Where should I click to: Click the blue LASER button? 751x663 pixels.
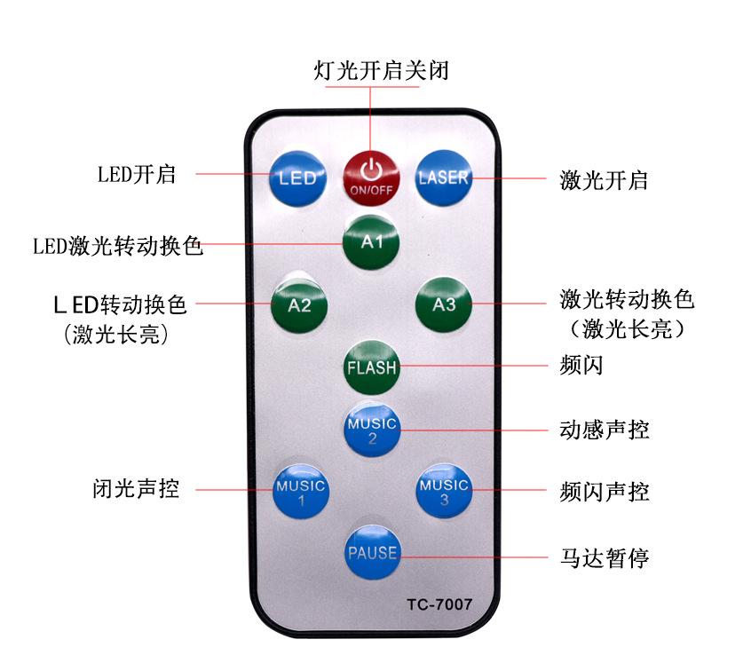coord(443,177)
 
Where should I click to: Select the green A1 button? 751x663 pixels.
coord(372,241)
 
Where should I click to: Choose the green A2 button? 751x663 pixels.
coord(299,305)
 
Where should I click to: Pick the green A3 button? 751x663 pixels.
coord(444,305)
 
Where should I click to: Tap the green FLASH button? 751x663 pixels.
coord(372,367)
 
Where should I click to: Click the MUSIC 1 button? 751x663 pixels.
coord(300,491)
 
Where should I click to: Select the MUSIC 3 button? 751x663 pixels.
coord(444,491)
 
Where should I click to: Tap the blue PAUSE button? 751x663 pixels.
coord(372,553)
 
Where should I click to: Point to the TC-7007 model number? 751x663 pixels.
coord(439,605)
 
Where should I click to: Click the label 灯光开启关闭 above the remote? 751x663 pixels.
coord(382,71)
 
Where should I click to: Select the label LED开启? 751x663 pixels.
coord(137,174)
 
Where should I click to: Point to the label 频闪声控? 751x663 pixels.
coord(605,491)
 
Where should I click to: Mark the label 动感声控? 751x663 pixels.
coord(605,430)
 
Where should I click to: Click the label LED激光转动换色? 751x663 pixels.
coord(118,245)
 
